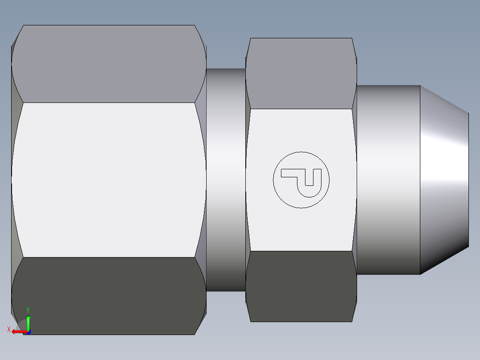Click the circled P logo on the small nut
[x=301, y=180]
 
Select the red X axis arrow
[x=18, y=331]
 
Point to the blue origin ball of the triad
[x=28, y=331]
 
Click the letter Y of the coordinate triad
[x=28, y=310]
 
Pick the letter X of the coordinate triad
[x=8, y=330]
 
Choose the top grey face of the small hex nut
[x=301, y=73]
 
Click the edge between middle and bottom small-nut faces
[x=301, y=251]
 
